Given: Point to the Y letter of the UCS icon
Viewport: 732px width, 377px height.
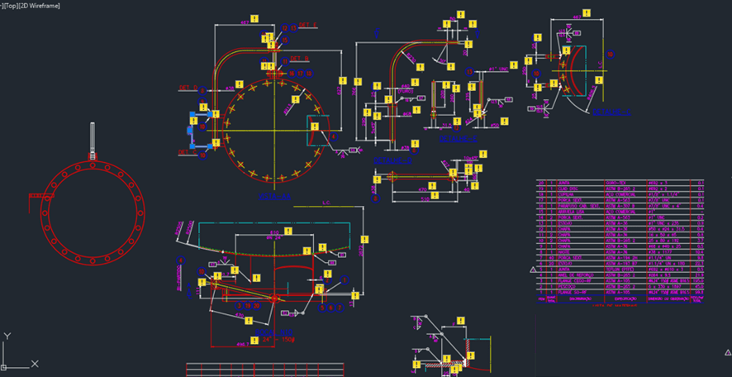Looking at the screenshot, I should click(x=7, y=336).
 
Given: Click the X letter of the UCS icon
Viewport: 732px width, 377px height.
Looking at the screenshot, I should click(x=35, y=364).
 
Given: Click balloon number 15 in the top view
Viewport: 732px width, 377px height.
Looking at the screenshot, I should click(x=283, y=28).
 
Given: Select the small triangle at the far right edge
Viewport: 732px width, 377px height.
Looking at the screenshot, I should click(x=727, y=352).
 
